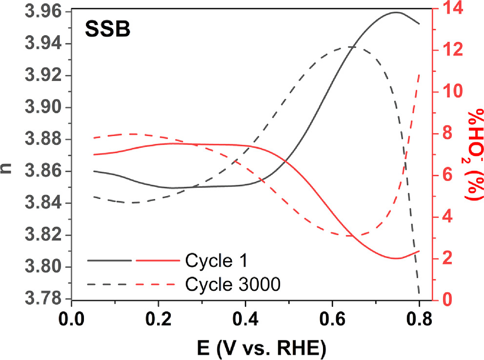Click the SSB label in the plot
[108, 30]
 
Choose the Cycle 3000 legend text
[232, 283]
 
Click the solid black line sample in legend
[110, 260]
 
